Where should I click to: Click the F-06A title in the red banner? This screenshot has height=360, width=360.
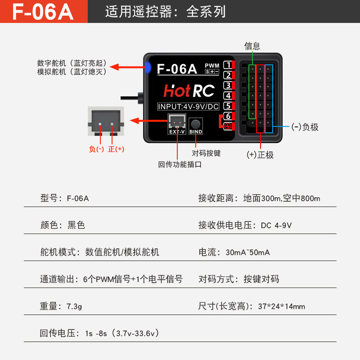(x=43, y=12)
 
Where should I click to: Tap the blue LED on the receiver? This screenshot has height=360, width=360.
(x=148, y=68)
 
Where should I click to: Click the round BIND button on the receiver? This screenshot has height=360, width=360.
(x=195, y=124)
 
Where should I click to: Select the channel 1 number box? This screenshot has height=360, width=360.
(x=228, y=65)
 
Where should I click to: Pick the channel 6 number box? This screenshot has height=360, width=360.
(x=228, y=116)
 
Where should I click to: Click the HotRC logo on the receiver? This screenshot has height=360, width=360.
(x=189, y=91)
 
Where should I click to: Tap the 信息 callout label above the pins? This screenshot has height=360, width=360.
(x=252, y=46)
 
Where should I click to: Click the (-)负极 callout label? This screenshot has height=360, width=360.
(x=305, y=127)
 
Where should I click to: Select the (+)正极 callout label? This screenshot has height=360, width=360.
(x=260, y=155)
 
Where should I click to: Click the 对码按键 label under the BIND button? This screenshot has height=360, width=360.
(x=206, y=153)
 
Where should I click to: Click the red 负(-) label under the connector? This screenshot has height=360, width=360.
(x=96, y=149)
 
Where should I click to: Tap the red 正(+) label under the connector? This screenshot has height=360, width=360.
(x=116, y=149)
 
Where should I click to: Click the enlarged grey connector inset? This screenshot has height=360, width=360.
(x=105, y=121)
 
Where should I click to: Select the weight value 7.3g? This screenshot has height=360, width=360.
(x=75, y=306)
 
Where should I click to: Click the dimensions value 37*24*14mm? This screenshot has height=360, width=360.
(x=281, y=306)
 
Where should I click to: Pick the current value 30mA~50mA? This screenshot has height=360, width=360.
(x=247, y=252)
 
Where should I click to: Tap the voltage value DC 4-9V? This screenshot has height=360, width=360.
(x=276, y=225)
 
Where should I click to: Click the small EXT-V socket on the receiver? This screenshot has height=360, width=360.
(x=177, y=122)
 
